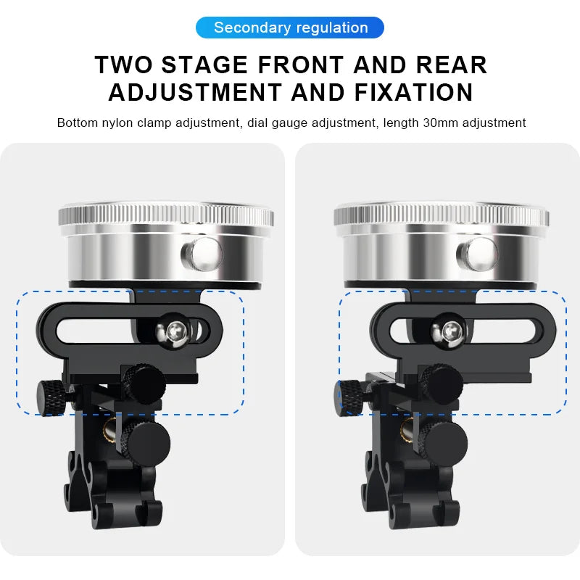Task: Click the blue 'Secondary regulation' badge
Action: tap(289, 28)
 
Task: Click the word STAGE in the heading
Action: tap(204, 65)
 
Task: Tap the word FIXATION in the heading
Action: tap(413, 92)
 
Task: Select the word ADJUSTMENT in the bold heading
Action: tap(195, 92)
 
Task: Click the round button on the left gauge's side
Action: tap(202, 254)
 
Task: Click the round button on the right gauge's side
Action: tap(478, 254)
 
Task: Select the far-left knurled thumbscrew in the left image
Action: tap(51, 397)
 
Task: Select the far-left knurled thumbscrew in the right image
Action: tap(349, 397)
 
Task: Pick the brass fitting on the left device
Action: tap(111, 429)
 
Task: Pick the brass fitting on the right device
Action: tap(408, 429)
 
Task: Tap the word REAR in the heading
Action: tap(451, 65)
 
